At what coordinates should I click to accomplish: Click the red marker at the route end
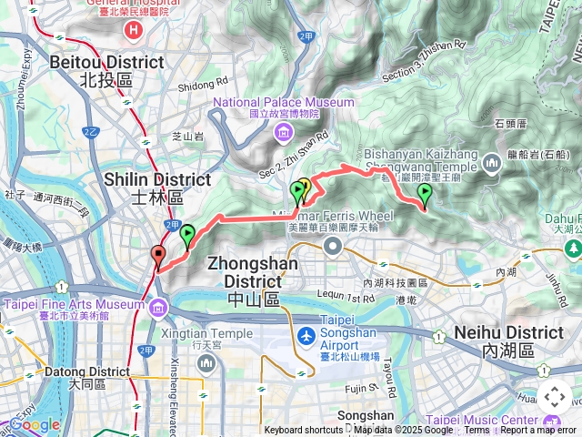(x=158, y=256)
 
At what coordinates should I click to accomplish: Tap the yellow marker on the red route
(x=305, y=187)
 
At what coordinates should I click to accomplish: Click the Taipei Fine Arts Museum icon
(x=159, y=305)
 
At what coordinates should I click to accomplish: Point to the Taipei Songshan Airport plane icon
(x=306, y=336)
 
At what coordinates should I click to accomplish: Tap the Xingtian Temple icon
(x=206, y=364)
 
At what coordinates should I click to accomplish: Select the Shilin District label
(x=145, y=188)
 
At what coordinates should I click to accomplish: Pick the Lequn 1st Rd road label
(x=347, y=298)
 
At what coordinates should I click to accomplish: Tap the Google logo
(x=35, y=424)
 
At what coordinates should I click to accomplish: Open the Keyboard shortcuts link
(x=304, y=431)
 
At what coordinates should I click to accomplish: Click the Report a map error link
(x=537, y=431)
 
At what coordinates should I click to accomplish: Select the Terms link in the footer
(x=477, y=431)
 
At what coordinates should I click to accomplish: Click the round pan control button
(x=554, y=397)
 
